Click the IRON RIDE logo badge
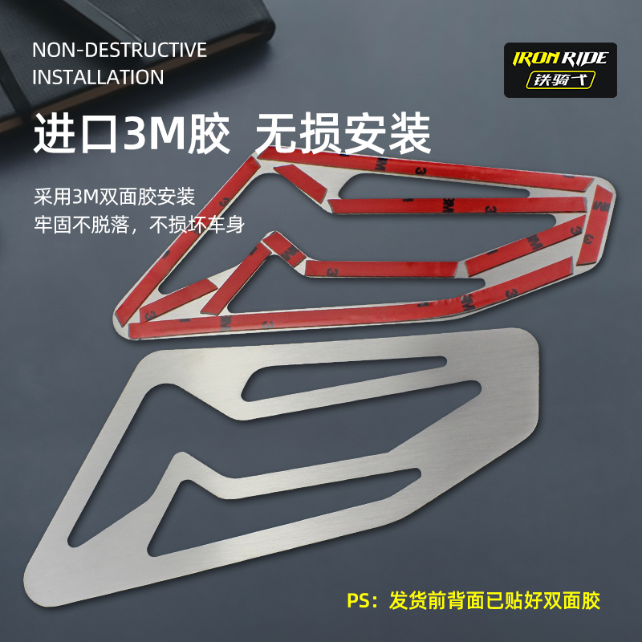(560, 70)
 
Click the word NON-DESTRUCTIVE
(120, 50)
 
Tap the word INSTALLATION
(98, 78)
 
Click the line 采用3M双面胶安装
(114, 197)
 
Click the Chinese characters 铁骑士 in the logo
(560, 80)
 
